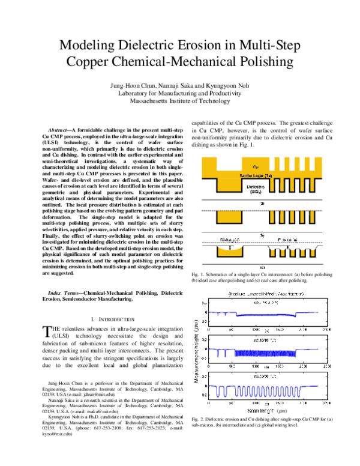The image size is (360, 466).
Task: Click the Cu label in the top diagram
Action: (x=256, y=166)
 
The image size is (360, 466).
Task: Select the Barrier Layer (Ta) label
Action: (x=256, y=175)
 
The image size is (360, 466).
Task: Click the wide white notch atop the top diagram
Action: (x=229, y=162)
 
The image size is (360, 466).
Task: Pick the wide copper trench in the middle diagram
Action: (x=229, y=217)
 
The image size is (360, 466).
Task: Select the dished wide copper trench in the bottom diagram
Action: (x=229, y=252)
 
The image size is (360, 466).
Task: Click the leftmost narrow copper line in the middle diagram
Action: (x=273, y=217)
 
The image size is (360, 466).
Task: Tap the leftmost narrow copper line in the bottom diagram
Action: (x=273, y=253)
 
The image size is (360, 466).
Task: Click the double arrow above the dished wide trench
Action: (x=229, y=245)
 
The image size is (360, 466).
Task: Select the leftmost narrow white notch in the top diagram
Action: (x=273, y=162)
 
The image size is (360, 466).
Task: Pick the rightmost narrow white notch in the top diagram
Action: (x=313, y=162)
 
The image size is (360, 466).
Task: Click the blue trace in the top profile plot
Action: (x=264, y=315)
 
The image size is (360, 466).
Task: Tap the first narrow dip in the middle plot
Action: (x=218, y=353)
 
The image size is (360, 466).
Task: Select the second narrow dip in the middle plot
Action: (x=226, y=353)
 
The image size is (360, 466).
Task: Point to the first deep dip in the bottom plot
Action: (x=218, y=392)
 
